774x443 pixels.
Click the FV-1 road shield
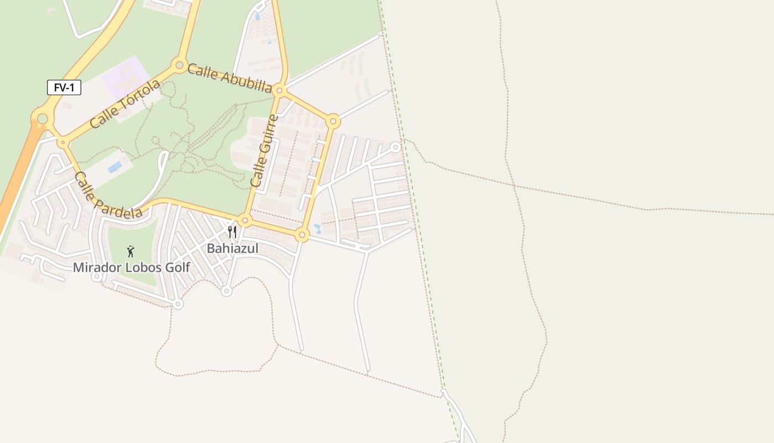[x=64, y=87]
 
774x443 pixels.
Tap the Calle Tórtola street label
[x=124, y=104]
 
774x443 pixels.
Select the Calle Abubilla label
[x=229, y=78]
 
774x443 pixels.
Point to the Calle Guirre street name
[x=263, y=150]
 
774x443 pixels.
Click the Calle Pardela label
[x=107, y=195]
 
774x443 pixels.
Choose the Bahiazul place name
[x=232, y=249]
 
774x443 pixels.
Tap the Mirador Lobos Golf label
[x=132, y=267]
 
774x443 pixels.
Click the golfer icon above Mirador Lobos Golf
[x=130, y=251]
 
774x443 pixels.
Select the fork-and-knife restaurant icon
[x=232, y=231]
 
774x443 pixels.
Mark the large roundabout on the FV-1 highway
[x=43, y=118]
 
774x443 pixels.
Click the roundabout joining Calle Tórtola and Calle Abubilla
[x=179, y=65]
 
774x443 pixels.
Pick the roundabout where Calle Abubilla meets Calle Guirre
[x=280, y=90]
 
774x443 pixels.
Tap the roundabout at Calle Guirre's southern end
[x=245, y=220]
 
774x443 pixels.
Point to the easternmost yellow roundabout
[x=333, y=121]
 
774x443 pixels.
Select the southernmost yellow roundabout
[x=301, y=235]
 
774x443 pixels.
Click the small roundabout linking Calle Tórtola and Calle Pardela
[x=62, y=142]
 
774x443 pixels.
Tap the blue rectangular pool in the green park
[x=115, y=167]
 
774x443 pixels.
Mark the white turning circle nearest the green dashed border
[x=395, y=147]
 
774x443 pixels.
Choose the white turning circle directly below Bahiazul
[x=226, y=291]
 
